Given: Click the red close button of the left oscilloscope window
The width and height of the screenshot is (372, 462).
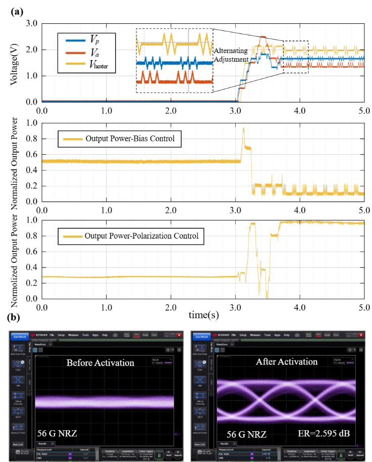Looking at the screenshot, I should (178, 335).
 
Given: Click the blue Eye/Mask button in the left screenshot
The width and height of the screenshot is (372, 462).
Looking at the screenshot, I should (19, 335).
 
